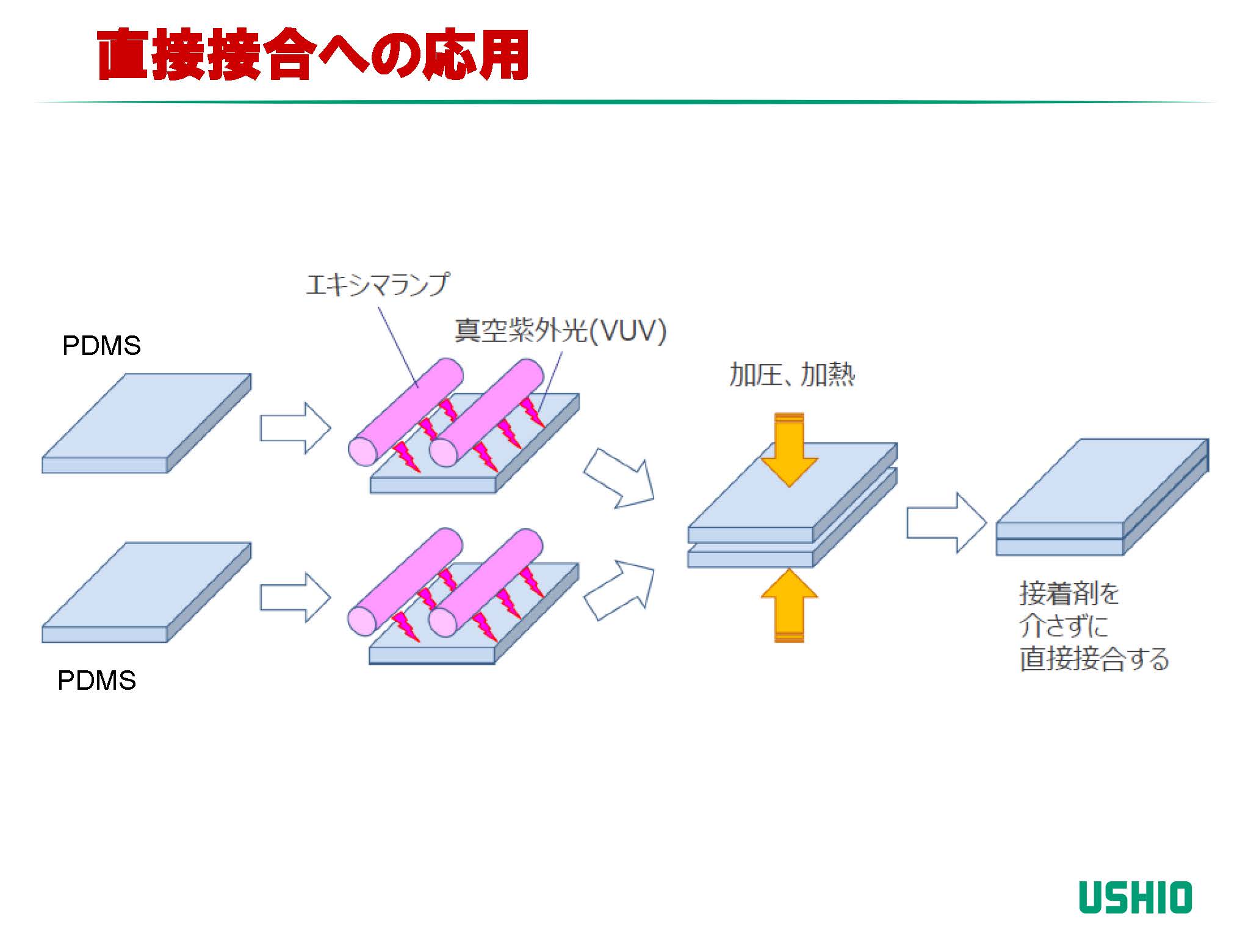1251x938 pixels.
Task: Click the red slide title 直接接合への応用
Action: pyautogui.click(x=312, y=55)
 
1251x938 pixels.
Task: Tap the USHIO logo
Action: pyautogui.click(x=1134, y=897)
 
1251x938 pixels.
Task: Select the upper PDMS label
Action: pyautogui.click(x=101, y=346)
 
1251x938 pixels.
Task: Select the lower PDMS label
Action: pyautogui.click(x=96, y=681)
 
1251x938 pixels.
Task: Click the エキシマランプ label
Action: pyautogui.click(x=377, y=285)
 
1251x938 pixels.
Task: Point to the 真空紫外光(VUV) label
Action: pyautogui.click(x=560, y=331)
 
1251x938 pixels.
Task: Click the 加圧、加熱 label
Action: pyautogui.click(x=791, y=374)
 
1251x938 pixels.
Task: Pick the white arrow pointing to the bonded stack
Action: pyautogui.click(x=946, y=523)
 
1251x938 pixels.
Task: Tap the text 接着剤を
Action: pyautogui.click(x=1069, y=593)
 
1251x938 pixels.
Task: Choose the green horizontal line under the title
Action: pyautogui.click(x=625, y=102)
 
